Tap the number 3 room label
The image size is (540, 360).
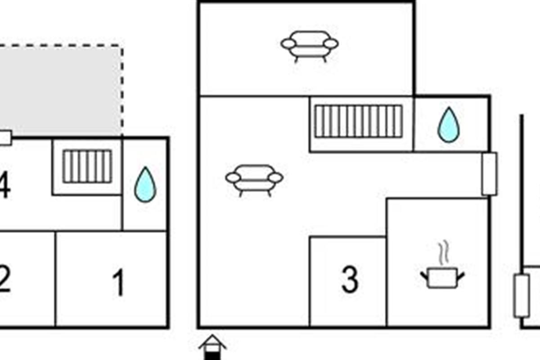pos(350,280)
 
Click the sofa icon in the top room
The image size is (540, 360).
pos(310,45)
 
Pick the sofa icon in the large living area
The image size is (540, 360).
pos(254,179)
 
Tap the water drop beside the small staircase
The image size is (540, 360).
pos(145,184)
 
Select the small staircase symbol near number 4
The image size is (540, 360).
pos(87,166)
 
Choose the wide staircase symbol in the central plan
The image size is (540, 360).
pos(358,121)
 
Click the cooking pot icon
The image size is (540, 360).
pos(442,277)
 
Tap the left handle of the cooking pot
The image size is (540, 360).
pos(424,274)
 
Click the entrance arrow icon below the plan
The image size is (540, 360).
pos(212,346)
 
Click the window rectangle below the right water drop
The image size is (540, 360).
pos(489,174)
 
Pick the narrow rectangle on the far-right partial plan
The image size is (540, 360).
pos(521,296)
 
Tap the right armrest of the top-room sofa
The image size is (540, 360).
pos(331,44)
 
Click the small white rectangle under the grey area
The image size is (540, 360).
pos(5,138)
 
